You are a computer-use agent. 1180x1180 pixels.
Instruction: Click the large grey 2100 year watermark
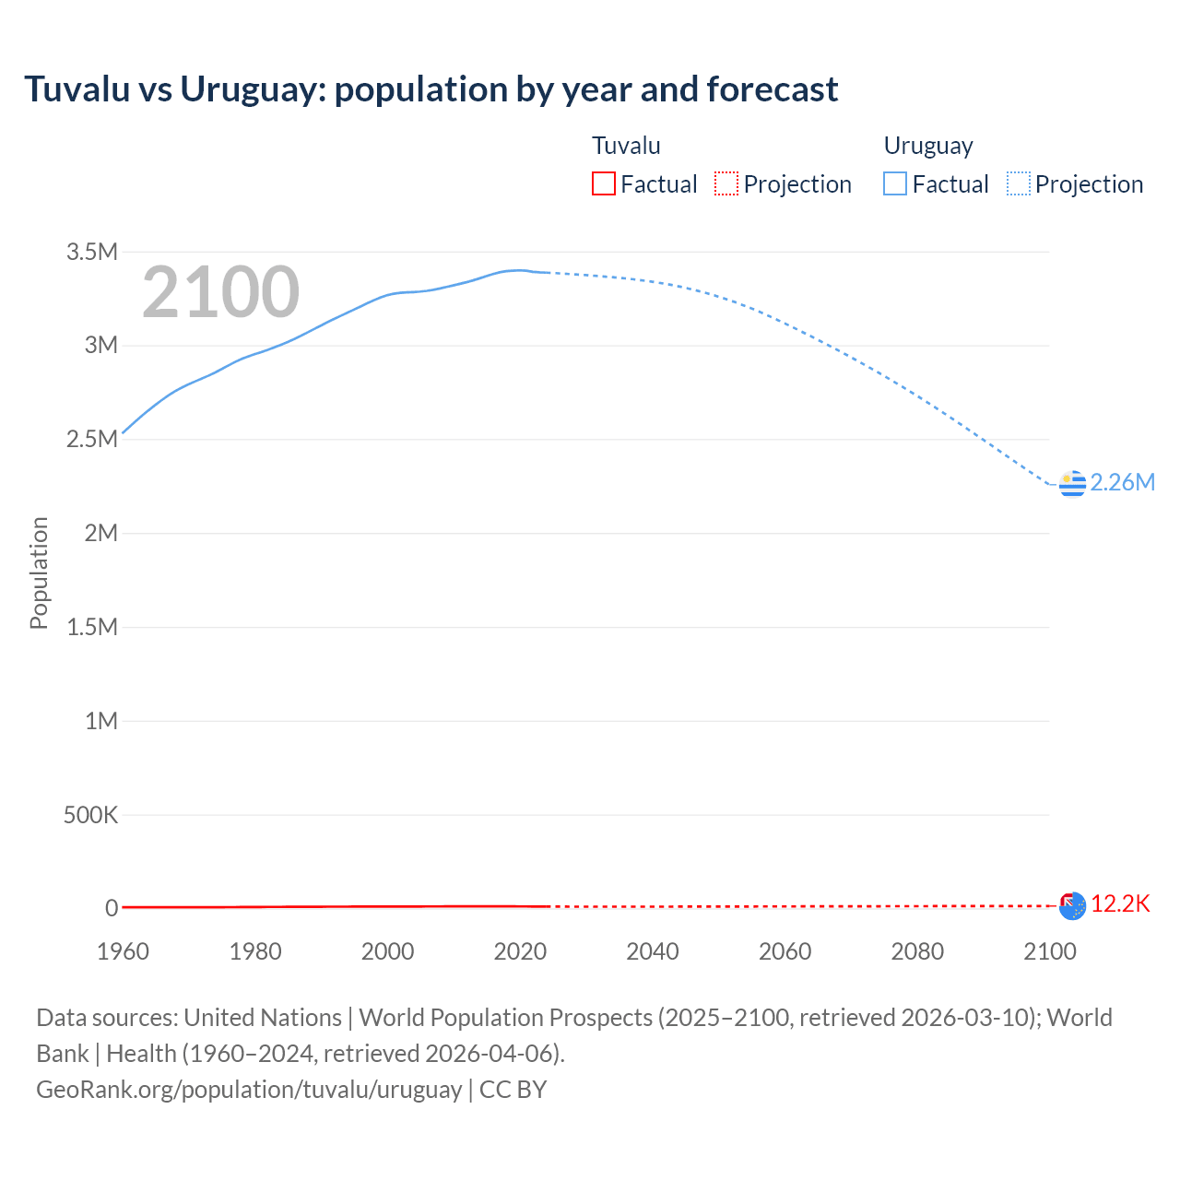point(221,292)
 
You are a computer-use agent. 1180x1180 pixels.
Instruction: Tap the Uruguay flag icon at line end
point(1072,483)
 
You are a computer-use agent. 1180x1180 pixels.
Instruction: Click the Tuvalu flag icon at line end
point(1072,906)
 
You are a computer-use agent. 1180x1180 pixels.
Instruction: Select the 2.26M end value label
point(1122,482)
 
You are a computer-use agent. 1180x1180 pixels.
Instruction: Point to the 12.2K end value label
point(1120,903)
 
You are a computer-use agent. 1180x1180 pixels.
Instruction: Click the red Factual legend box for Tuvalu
point(604,183)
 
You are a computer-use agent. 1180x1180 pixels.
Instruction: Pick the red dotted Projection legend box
point(726,183)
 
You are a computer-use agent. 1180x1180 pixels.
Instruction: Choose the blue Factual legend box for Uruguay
point(895,183)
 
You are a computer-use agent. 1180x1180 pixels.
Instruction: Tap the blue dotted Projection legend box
point(1019,183)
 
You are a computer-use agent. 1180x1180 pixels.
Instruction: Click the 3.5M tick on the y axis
point(91,252)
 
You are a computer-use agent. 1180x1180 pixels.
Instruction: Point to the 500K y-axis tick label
point(90,815)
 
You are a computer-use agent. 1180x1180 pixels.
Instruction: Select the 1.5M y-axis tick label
point(91,627)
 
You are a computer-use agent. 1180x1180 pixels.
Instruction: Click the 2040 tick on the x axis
point(653,951)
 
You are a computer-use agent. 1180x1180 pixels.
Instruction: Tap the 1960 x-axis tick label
point(123,951)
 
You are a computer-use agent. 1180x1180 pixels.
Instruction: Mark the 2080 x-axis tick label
point(917,951)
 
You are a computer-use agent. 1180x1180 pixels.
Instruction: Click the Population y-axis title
point(39,572)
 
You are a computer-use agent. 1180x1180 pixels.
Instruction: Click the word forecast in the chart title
point(773,89)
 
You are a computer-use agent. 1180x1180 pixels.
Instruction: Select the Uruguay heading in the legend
point(928,146)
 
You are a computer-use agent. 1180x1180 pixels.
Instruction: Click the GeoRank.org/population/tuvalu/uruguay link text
point(249,1090)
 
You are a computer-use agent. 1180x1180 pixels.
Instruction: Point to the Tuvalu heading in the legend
point(626,146)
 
